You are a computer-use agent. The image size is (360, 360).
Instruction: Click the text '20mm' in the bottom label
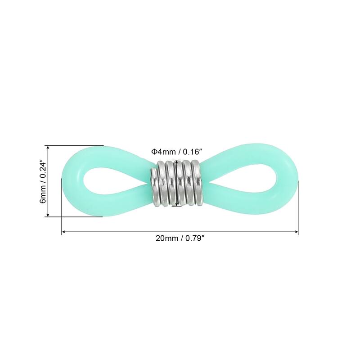click(x=165, y=239)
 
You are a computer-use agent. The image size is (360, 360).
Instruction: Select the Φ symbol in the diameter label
click(x=153, y=152)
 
